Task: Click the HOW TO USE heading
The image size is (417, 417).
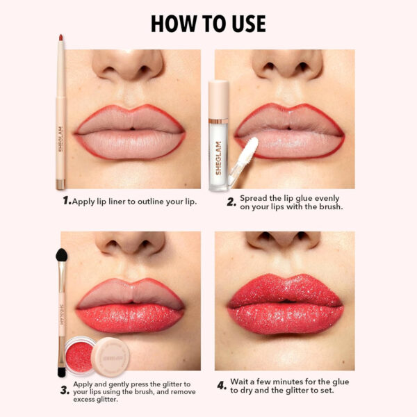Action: (208, 23)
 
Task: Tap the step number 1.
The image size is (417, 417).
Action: (67, 201)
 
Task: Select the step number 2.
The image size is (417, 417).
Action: (230, 202)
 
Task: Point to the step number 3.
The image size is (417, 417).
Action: (65, 390)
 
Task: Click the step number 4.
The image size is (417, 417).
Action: (222, 386)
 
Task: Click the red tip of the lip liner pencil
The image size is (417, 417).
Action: (60, 38)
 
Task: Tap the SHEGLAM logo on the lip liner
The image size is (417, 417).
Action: (60, 132)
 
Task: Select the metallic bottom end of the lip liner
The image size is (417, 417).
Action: (60, 184)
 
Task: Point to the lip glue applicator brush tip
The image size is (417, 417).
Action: (252, 147)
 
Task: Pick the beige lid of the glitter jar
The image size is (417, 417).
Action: (110, 354)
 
